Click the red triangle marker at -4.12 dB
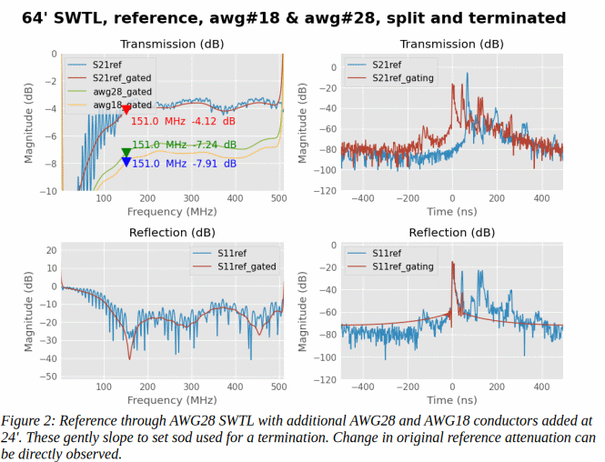[126, 111]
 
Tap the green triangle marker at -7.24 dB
[126, 152]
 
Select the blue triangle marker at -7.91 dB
[126, 162]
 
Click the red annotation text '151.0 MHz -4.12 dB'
[183, 121]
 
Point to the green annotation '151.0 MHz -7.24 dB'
[184, 145]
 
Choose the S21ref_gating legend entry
[402, 78]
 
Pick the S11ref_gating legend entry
[402, 266]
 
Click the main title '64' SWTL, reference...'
[302, 17]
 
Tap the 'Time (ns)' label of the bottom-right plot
[452, 399]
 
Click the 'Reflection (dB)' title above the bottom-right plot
[451, 233]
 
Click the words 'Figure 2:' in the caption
[30, 421]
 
